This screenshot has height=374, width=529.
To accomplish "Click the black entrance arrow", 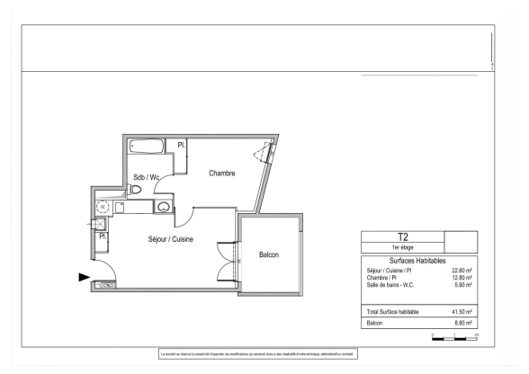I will [x=85, y=278].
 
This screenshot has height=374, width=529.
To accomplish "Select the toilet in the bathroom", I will [x=136, y=190].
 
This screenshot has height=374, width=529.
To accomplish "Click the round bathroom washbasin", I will [x=163, y=208].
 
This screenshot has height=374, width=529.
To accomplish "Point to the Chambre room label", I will [x=221, y=174].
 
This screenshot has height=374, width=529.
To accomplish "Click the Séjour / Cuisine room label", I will [x=171, y=239].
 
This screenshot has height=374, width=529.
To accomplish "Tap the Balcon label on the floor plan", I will [x=269, y=254].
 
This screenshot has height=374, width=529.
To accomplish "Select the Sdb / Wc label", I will [x=147, y=177].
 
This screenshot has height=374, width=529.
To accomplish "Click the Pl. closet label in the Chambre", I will [x=181, y=145].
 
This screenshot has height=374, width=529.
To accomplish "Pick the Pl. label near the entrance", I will [x=103, y=236].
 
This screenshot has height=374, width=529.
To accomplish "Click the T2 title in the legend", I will [x=402, y=237].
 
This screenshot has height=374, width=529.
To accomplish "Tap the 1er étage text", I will [x=402, y=248].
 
